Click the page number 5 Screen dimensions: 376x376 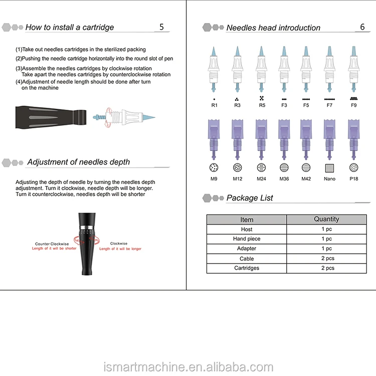click(x=161, y=27)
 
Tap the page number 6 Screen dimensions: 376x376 click(x=362, y=27)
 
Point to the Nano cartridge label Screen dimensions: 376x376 click(x=329, y=179)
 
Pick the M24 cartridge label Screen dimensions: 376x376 click(x=261, y=179)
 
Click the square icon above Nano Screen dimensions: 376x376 click(x=329, y=168)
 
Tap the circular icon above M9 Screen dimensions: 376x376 click(x=214, y=168)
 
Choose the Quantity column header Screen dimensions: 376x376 click(x=326, y=219)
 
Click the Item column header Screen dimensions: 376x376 click(x=247, y=220)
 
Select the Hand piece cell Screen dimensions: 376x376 click(x=247, y=239)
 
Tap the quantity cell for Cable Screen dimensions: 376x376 click(x=327, y=259)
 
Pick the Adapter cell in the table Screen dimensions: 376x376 click(x=247, y=249)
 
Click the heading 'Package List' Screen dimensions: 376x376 click(x=250, y=198)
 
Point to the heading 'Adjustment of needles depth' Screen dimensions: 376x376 click(x=78, y=162)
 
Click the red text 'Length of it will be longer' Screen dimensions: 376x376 click(x=120, y=249)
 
